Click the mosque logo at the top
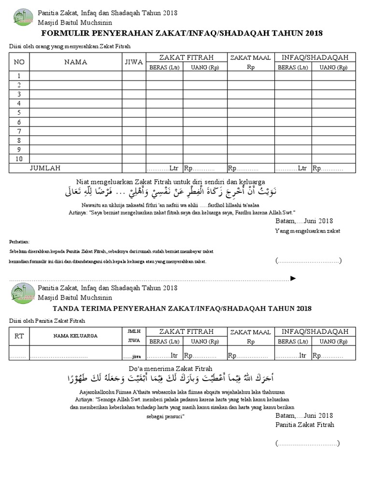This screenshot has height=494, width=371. point(23,17)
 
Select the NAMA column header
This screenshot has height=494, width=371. point(75,62)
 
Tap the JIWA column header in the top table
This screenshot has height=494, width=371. point(134,62)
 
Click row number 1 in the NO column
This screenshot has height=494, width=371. point(19,76)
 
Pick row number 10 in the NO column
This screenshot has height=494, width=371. point(19,159)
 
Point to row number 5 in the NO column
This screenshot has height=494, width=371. point(19,112)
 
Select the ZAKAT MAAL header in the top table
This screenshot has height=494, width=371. point(251,57)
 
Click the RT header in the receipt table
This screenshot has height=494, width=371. point(19,336)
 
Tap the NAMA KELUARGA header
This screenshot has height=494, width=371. point(75,336)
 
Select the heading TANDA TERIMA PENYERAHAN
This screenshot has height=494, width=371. point(182,308)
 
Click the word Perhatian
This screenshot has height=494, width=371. point(20,241)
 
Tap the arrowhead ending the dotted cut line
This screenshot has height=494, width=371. point(292,279)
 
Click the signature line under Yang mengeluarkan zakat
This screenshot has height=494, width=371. point(308,261)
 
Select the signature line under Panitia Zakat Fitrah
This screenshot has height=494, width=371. point(308,443)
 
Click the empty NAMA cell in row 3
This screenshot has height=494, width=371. point(75,94)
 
